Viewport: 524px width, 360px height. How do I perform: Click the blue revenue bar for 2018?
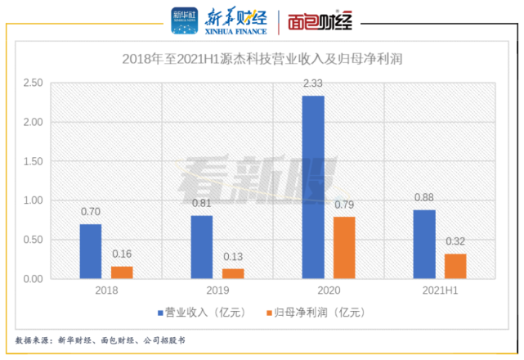pyautogui.click(x=91, y=251)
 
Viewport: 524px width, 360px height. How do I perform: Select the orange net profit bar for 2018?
pyautogui.click(x=122, y=272)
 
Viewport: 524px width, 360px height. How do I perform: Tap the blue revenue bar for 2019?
pyautogui.click(x=201, y=247)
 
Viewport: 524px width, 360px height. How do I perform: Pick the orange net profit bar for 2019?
pyautogui.click(x=233, y=273)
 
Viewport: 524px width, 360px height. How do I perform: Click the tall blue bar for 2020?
pyautogui.click(x=313, y=187)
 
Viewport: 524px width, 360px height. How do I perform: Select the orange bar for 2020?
pyautogui.click(x=344, y=248)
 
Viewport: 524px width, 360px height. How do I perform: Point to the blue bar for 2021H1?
pyautogui.click(x=424, y=245)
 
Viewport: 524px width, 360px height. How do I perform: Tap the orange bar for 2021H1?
pyautogui.click(x=455, y=266)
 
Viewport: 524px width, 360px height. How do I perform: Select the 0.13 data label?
pyautogui.click(x=233, y=256)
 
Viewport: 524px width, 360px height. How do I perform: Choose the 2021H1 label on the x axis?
pyautogui.click(x=440, y=291)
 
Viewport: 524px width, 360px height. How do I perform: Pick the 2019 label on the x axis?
pyautogui.click(x=217, y=291)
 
